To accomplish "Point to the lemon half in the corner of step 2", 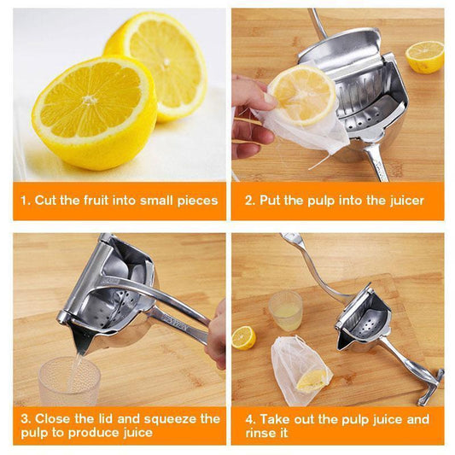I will pos(424,56).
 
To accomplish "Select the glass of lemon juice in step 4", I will pos(285,310).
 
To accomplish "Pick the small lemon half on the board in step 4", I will pos(243,337).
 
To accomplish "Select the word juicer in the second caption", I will pos(401,201).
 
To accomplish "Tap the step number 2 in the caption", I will pos(248,201).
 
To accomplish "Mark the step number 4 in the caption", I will pos(248,419).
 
